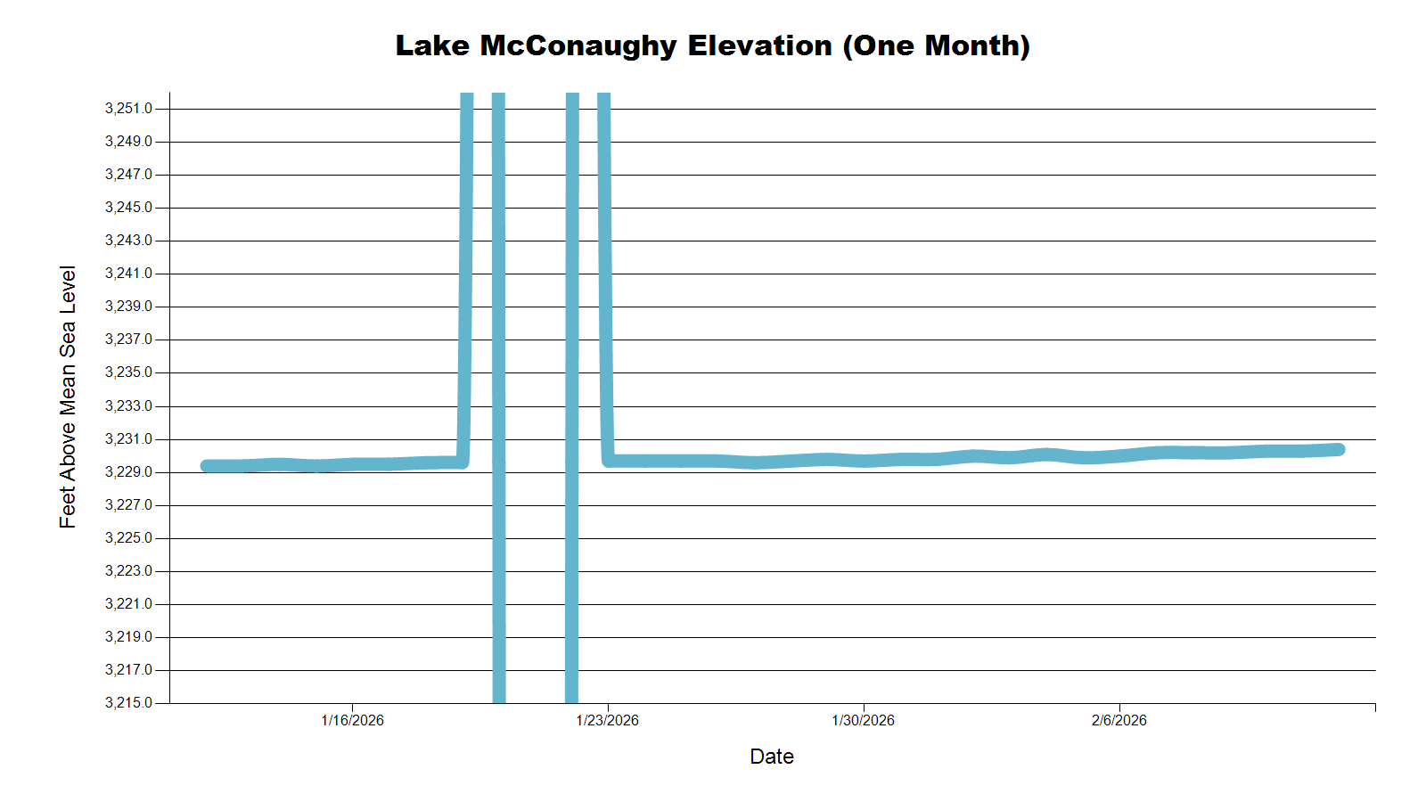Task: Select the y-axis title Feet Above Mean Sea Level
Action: (68, 397)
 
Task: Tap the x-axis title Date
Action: (772, 757)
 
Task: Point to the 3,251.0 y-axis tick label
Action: (128, 109)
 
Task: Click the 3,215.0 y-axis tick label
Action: (128, 703)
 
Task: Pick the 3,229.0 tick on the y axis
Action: (128, 472)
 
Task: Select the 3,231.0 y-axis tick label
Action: (128, 439)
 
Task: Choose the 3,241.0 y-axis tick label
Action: (128, 274)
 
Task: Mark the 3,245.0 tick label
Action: (128, 208)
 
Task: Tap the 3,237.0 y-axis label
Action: (128, 340)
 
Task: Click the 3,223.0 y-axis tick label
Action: (128, 571)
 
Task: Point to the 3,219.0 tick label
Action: (128, 637)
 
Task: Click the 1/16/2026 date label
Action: (352, 720)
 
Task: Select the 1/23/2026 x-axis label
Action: (608, 720)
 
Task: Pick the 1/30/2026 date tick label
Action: (863, 720)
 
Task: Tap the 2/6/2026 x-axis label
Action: (1119, 720)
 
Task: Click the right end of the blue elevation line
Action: (1339, 450)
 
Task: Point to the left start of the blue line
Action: (207, 466)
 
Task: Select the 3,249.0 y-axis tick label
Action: (128, 142)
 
